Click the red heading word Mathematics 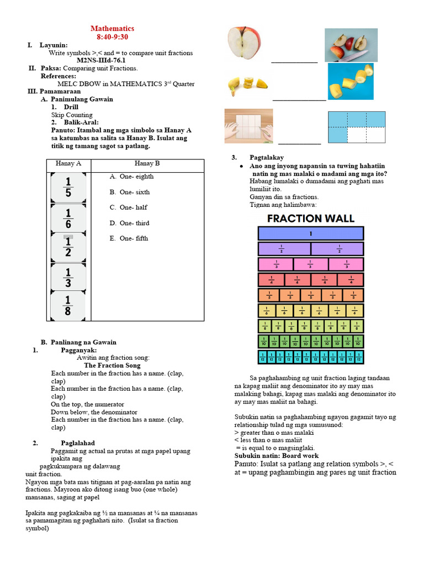(112, 28)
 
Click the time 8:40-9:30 (112, 36)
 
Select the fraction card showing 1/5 (68, 188)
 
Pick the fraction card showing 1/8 (68, 305)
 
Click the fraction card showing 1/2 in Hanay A (68, 248)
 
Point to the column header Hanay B (147, 163)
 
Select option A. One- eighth (131, 177)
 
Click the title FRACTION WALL (310, 218)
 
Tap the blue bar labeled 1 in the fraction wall (310, 233)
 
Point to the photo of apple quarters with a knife (351, 45)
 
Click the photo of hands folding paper (248, 126)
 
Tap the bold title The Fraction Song (112, 365)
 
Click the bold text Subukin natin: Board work (276, 456)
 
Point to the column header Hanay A (68, 163)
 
